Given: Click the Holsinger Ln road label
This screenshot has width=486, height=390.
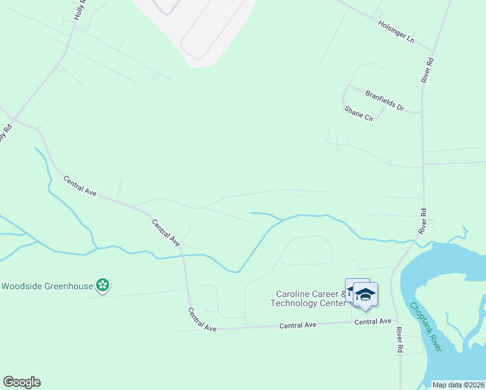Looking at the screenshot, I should [396, 31].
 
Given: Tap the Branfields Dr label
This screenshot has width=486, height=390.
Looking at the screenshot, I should [384, 101].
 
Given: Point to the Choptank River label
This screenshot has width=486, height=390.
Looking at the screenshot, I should [426, 328].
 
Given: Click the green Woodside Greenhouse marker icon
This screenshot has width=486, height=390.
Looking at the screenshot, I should [102, 285].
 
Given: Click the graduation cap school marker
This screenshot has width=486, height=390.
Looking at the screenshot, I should [365, 294].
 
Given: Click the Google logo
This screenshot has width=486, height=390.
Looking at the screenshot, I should [21, 382].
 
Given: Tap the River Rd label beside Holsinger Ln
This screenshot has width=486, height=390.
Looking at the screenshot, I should [428, 70].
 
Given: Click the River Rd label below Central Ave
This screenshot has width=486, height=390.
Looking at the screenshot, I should [399, 339].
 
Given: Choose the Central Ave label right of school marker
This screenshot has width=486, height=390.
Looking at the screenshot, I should [374, 321].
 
